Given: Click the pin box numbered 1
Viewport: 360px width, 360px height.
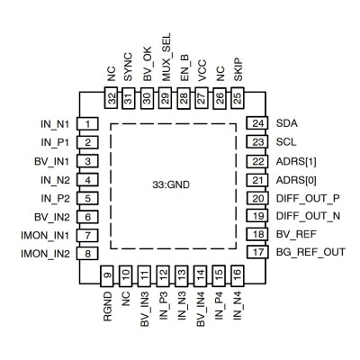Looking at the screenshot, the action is pyautogui.click(x=87, y=123).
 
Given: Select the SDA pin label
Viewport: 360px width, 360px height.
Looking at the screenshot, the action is pyautogui.click(x=287, y=123).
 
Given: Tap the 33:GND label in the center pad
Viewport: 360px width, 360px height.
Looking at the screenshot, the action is pyautogui.click(x=171, y=184).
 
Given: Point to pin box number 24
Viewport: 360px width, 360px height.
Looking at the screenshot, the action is pyautogui.click(x=257, y=123).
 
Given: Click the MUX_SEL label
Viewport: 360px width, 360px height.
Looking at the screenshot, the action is pyautogui.click(x=166, y=57).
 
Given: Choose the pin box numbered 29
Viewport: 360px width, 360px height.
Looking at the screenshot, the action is pyautogui.click(x=166, y=98).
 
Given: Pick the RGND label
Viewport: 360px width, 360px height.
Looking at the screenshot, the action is pyautogui.click(x=108, y=307).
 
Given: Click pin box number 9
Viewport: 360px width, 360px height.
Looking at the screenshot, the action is pyautogui.click(x=108, y=275).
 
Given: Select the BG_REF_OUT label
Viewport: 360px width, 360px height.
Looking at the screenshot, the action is pyautogui.click(x=310, y=252).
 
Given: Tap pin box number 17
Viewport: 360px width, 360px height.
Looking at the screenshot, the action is pyautogui.click(x=257, y=252).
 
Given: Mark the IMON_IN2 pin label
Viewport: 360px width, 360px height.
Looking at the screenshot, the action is pyautogui.click(x=45, y=254).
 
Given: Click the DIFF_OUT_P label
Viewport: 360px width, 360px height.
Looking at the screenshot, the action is pyautogui.click(x=308, y=198).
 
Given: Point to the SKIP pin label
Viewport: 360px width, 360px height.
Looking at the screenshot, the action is pyautogui.click(x=238, y=69).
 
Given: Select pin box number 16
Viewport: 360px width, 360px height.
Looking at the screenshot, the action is pyautogui.click(x=237, y=275).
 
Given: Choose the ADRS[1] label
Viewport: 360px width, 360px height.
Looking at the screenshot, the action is pyautogui.click(x=296, y=162).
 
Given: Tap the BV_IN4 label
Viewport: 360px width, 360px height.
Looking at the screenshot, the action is pyautogui.click(x=201, y=310).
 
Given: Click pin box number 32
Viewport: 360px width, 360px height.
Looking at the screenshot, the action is pyautogui.click(x=112, y=98).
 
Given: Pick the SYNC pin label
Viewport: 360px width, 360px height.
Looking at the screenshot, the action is pyautogui.click(x=128, y=67).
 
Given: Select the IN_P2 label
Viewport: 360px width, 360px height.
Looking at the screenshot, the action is pyautogui.click(x=55, y=198).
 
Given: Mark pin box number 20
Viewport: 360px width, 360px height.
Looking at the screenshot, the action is pyautogui.click(x=257, y=198).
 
